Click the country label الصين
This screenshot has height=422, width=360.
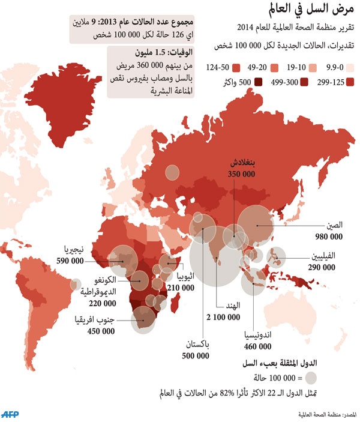(334, 226)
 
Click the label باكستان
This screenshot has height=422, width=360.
(196, 345)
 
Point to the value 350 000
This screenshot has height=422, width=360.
(241, 173)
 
